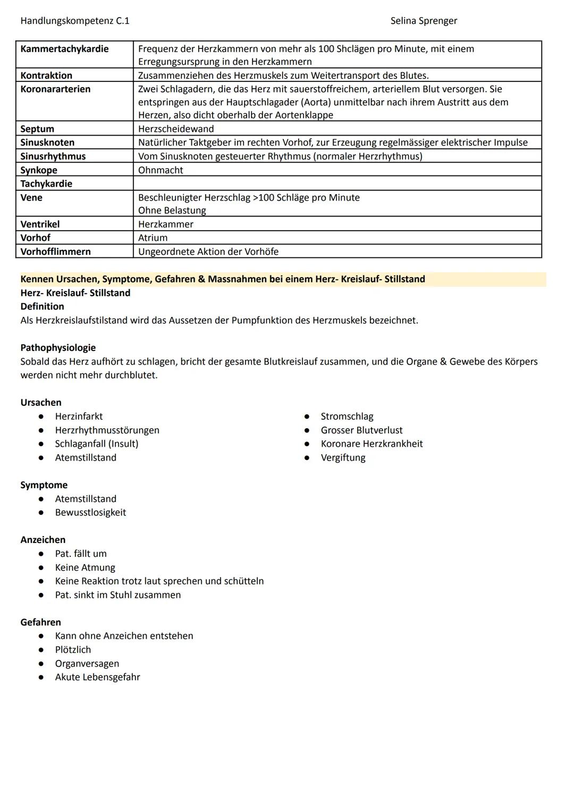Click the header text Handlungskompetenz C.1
pyautogui.click(x=74, y=21)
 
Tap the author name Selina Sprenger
pyautogui.click(x=424, y=21)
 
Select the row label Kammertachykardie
pyautogui.click(x=64, y=49)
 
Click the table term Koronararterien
pyautogui.click(x=55, y=89)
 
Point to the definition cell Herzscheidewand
pyautogui.click(x=176, y=129)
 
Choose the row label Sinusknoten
pyautogui.click(x=47, y=143)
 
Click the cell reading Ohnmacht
pyautogui.click(x=161, y=170)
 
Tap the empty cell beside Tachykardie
pyautogui.click(x=337, y=183)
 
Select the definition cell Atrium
pyautogui.click(x=153, y=238)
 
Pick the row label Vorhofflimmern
pyautogui.click(x=55, y=252)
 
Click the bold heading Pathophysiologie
pyautogui.click(x=58, y=348)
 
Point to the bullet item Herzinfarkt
pyautogui.click(x=79, y=416)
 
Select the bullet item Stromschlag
pyautogui.click(x=347, y=416)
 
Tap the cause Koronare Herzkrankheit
pyautogui.click(x=372, y=444)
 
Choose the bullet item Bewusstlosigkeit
pyautogui.click(x=90, y=513)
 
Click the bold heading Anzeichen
pyautogui.click(x=43, y=540)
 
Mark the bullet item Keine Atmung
pyautogui.click(x=85, y=567)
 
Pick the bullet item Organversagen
pyautogui.click(x=87, y=664)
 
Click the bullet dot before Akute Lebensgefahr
pyautogui.click(x=41, y=678)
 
